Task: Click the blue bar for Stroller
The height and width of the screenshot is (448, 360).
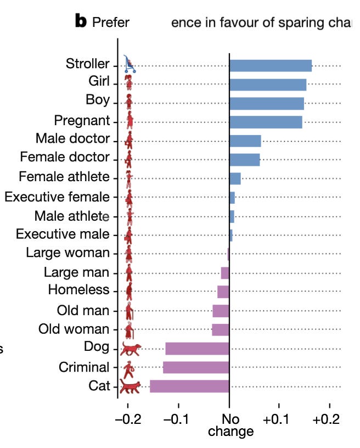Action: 270,65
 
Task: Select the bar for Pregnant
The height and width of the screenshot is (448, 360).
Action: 266,122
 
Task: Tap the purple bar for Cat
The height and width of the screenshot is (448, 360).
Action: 189,386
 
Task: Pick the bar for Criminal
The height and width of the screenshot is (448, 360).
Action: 196,367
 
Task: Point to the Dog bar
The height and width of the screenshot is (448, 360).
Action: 197,349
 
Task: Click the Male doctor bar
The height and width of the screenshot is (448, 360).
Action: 245,141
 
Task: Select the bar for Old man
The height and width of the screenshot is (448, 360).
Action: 221,311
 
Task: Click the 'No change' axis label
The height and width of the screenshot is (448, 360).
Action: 230,425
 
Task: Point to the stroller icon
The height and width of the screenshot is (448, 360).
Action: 130,64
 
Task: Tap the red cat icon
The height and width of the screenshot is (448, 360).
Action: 130,387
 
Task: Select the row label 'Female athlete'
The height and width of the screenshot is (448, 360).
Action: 64,177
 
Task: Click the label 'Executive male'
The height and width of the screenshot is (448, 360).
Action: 63,234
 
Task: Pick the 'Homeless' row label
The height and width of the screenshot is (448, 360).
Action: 79,290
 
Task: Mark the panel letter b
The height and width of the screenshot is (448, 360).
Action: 81,22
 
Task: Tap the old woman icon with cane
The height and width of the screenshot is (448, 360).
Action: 130,330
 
